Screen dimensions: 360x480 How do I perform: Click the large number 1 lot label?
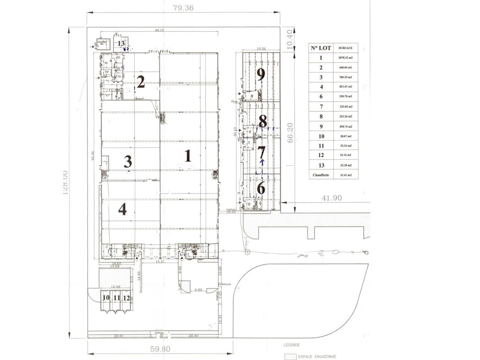(x=188, y=156)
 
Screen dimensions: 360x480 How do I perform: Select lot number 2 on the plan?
(x=141, y=82)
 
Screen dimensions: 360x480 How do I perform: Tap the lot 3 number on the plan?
(x=128, y=162)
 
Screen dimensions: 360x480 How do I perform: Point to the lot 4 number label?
(x=122, y=210)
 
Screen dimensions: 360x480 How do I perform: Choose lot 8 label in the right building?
(x=262, y=121)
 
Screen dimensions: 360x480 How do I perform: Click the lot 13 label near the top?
(x=121, y=43)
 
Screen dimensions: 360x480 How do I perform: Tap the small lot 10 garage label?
(x=106, y=298)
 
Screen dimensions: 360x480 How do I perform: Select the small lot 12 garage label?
(x=126, y=298)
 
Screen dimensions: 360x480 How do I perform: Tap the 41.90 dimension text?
(x=332, y=198)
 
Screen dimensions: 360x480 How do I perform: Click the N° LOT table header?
(x=321, y=48)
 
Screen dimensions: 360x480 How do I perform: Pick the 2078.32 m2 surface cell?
(x=345, y=58)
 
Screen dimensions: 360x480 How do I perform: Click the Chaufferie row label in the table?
(x=321, y=175)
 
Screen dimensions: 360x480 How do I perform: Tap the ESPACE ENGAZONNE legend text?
(x=317, y=357)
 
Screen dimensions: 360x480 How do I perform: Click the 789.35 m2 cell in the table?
(x=345, y=77)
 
